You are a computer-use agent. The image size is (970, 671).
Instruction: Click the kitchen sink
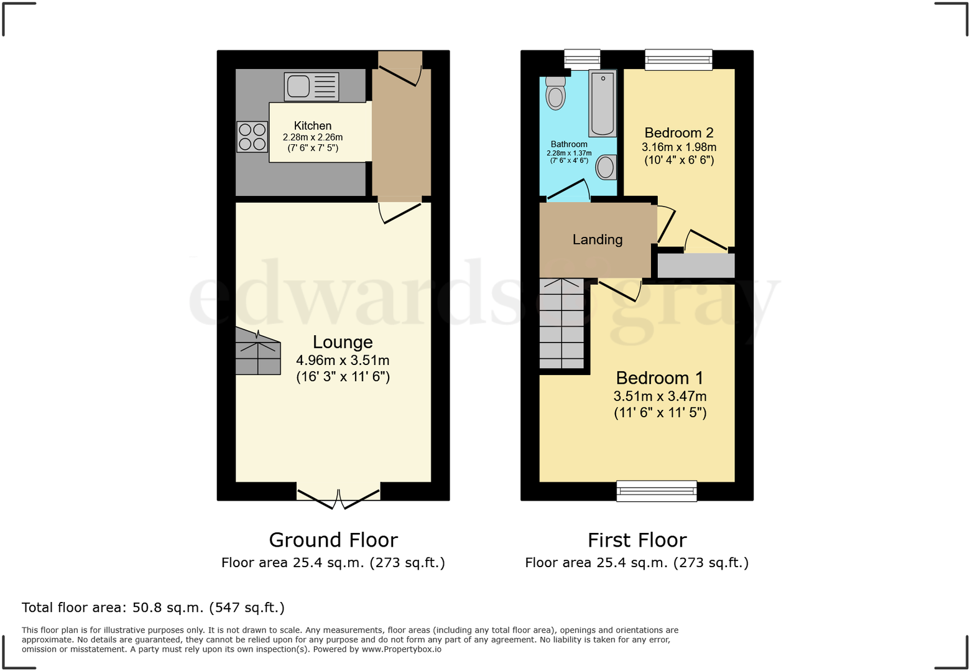(x=312, y=86)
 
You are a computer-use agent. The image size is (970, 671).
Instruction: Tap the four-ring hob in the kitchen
(x=252, y=137)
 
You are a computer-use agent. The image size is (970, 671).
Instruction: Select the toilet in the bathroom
(x=555, y=93)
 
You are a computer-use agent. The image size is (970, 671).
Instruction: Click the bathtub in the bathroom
(x=602, y=103)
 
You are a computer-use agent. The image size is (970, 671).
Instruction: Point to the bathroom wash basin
(x=606, y=167)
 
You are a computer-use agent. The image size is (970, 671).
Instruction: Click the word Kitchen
(x=313, y=126)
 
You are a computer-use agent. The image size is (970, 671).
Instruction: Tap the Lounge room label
(x=343, y=342)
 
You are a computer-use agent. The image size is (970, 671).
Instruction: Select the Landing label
(x=597, y=239)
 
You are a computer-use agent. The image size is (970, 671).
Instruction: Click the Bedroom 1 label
(x=660, y=378)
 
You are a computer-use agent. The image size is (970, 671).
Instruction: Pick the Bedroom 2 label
(x=678, y=132)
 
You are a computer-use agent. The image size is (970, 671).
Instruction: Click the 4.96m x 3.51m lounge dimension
(x=343, y=360)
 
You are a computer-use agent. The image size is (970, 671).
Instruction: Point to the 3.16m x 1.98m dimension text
(x=678, y=147)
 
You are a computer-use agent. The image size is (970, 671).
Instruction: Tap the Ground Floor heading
(x=333, y=540)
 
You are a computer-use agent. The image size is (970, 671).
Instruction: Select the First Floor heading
(x=637, y=540)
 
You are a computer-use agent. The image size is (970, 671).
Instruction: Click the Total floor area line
(x=153, y=608)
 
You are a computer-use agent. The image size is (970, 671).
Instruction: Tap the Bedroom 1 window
(x=657, y=491)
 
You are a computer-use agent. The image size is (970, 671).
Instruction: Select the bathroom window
(x=582, y=60)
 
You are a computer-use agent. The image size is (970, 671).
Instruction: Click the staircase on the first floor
(x=561, y=323)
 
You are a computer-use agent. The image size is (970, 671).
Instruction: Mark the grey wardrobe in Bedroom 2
(x=696, y=266)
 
